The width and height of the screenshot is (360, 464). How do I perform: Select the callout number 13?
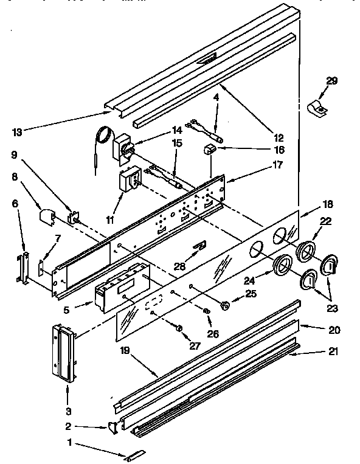coord(18,132)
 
